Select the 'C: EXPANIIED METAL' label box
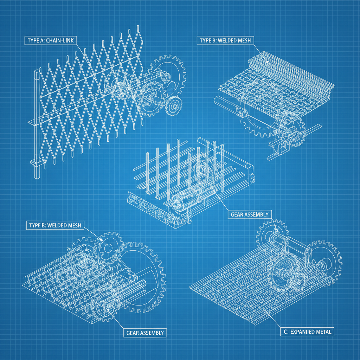point(308,331)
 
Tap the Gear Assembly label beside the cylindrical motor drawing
point(250,214)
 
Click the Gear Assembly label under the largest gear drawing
point(145,332)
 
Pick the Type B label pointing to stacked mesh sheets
point(225,40)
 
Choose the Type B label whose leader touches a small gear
point(55,225)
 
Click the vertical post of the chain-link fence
point(37,123)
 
